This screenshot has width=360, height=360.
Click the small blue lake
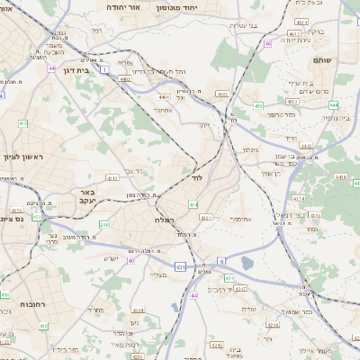tap(247, 264)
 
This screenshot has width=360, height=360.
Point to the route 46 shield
tap(267, 42)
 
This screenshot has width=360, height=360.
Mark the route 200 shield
tap(104, 225)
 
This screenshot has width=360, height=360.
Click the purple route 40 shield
tap(131, 260)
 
